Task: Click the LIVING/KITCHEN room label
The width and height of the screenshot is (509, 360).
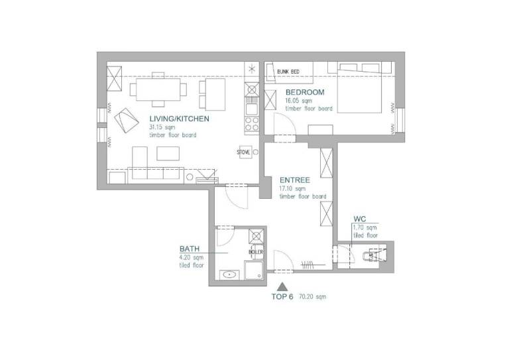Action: click(179, 119)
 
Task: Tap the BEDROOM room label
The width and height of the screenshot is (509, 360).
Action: click(305, 92)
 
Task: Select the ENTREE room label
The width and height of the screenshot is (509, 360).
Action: click(295, 180)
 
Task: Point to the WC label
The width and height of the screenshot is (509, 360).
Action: click(360, 219)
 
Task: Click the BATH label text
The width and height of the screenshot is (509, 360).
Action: click(190, 249)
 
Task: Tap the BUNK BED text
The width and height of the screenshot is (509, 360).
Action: click(288, 72)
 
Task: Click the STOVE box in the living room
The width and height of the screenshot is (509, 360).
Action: click(244, 152)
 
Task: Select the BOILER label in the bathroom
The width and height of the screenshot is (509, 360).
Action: click(256, 252)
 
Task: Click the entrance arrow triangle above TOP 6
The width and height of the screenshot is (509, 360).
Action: click(282, 286)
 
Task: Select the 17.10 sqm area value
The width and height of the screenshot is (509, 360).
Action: click(292, 188)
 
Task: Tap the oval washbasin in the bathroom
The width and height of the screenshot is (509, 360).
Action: click(230, 275)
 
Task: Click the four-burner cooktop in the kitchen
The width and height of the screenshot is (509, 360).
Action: click(252, 123)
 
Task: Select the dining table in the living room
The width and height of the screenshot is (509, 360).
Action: click(158, 90)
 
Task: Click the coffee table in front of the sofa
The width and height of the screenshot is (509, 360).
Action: click(168, 154)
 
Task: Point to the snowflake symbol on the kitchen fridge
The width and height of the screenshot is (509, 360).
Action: click(252, 69)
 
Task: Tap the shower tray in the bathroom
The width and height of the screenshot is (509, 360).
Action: click(254, 270)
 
